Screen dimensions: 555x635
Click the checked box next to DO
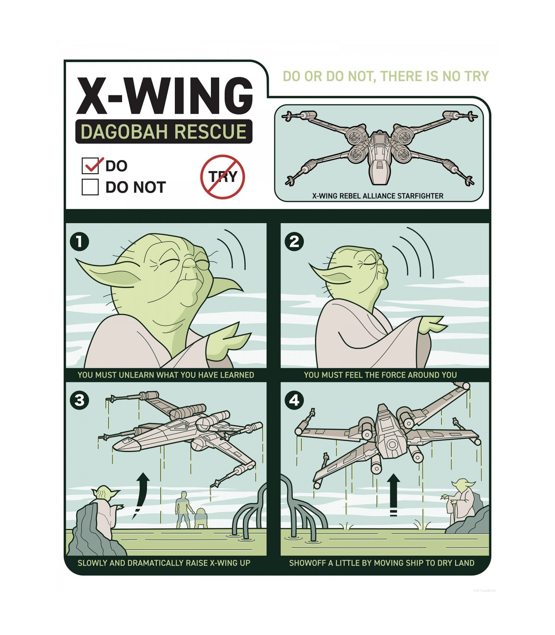(90, 166)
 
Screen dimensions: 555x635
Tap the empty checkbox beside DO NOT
(90, 187)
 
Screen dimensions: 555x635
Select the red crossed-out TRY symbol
(222, 177)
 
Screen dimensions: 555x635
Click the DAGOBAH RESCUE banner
(164, 131)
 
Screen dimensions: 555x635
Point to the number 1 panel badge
(80, 242)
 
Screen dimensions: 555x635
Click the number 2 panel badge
(294, 242)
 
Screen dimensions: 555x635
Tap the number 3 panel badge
(80, 400)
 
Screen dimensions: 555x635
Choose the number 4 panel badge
(294, 400)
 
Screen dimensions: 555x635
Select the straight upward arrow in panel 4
(394, 495)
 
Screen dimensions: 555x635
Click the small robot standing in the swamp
(201, 518)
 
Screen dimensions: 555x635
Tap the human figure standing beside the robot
(184, 510)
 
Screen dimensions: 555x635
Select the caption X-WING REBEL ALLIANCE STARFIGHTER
(378, 196)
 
